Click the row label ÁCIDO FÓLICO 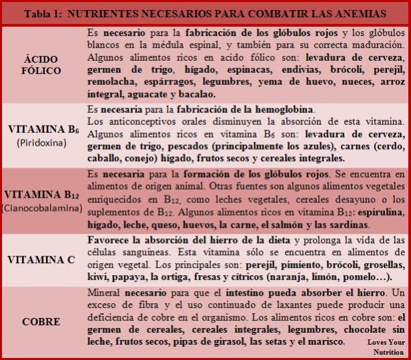tap(41, 65)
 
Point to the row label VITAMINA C tap(41, 260)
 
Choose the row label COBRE tap(41, 322)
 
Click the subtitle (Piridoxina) tap(41, 142)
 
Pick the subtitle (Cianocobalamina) tap(41, 207)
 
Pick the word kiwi tap(99, 276)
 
